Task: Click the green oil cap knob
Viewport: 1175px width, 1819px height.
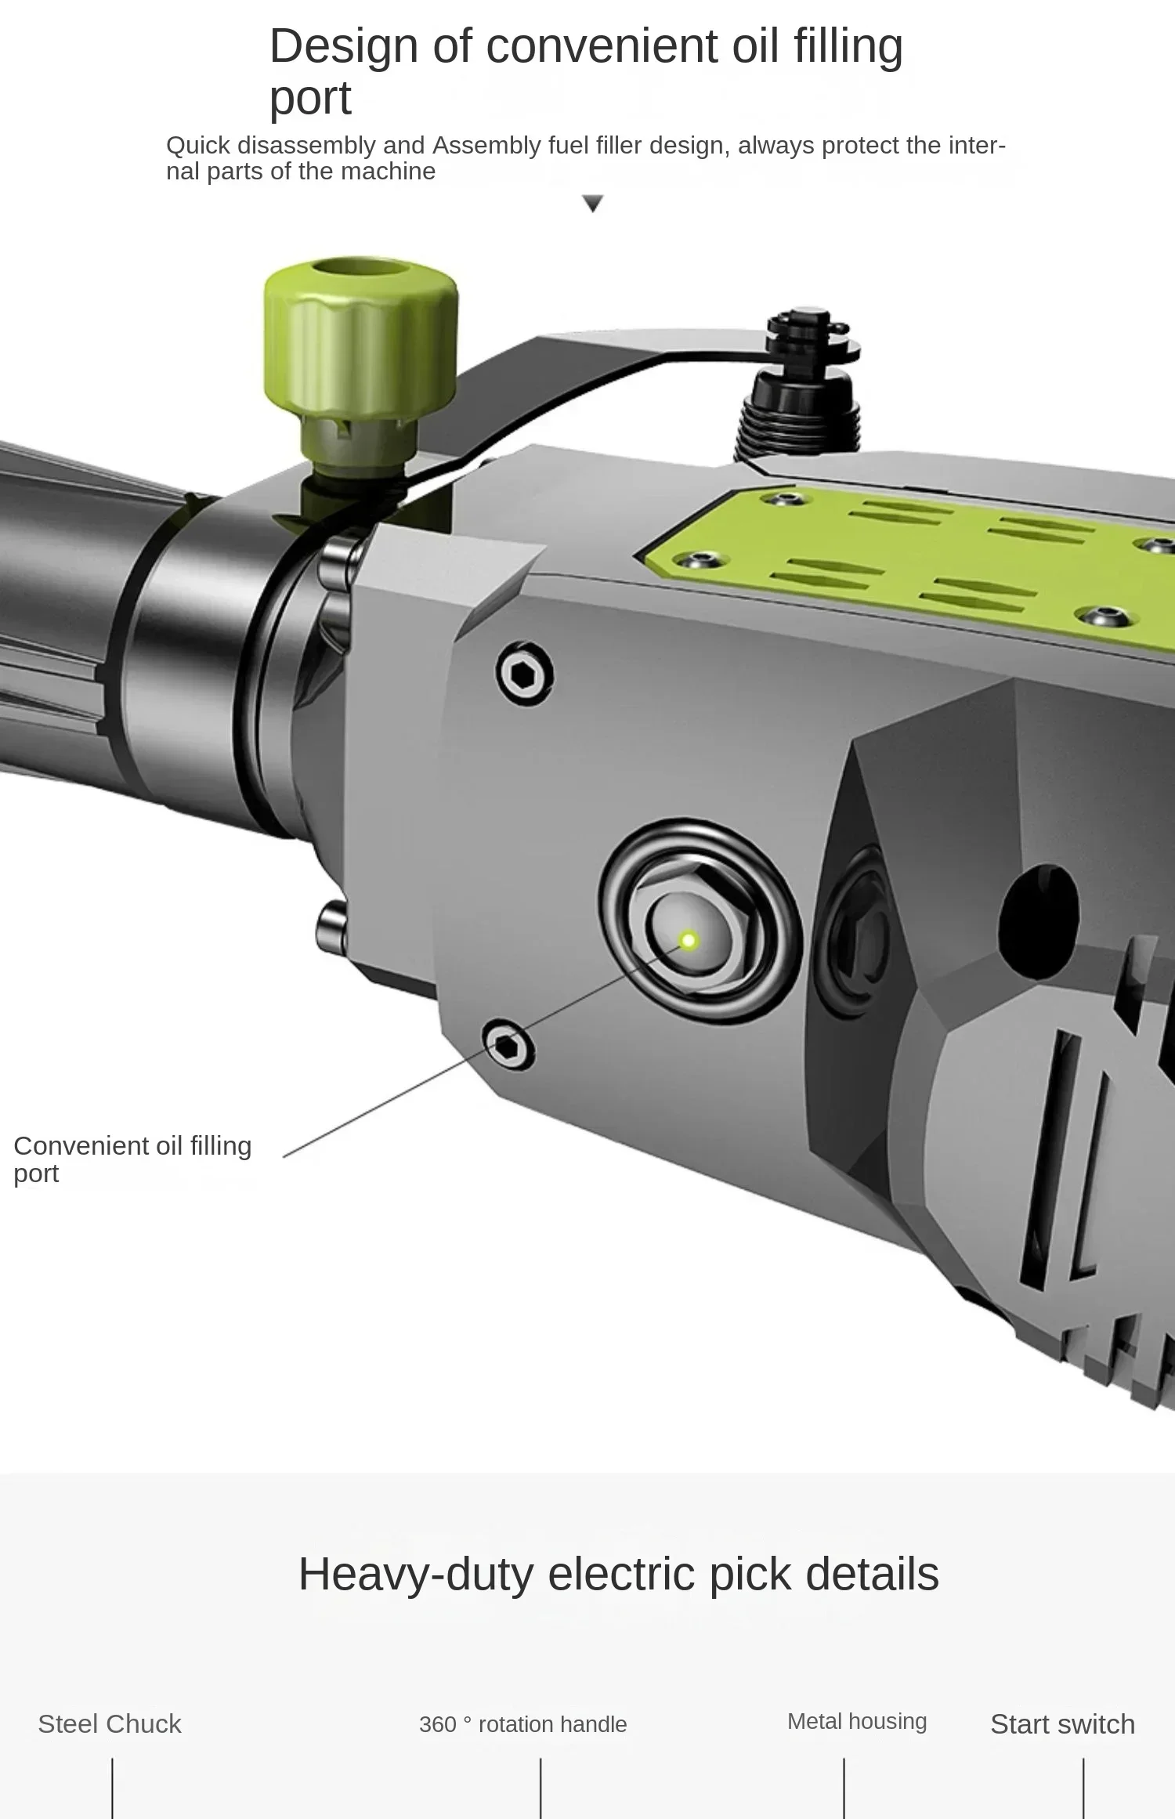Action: pyautogui.click(x=360, y=337)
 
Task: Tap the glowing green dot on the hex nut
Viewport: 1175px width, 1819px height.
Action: pyautogui.click(x=689, y=940)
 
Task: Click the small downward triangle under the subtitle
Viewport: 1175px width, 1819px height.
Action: pyautogui.click(x=593, y=204)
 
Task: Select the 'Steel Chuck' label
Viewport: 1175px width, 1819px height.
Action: pyautogui.click(x=110, y=1723)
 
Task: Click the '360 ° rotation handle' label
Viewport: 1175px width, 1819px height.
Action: pyautogui.click(x=522, y=1724)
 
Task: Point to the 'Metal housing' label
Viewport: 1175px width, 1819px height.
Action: pyautogui.click(x=857, y=1721)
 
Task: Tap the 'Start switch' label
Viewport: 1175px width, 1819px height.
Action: pyautogui.click(x=1062, y=1723)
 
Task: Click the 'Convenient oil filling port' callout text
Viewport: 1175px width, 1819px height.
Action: pyautogui.click(x=132, y=1159)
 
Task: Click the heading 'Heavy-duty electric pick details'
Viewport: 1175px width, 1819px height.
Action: pyautogui.click(x=618, y=1574)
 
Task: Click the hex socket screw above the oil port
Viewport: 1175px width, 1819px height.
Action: pyautogui.click(x=524, y=674)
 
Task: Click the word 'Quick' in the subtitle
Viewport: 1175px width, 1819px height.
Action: pyautogui.click(x=197, y=146)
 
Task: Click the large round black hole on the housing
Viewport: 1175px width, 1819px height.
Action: pyautogui.click(x=1040, y=913)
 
